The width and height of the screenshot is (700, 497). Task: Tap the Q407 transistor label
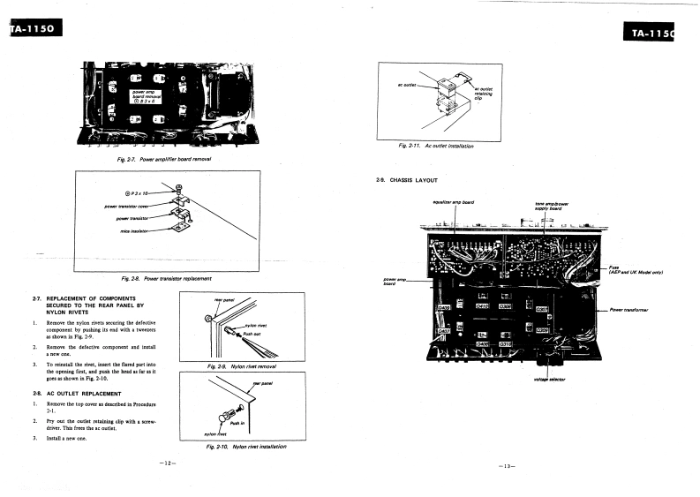coord(443,331)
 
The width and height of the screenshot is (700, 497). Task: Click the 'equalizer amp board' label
coord(454,202)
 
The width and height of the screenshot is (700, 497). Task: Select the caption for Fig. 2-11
coord(437,145)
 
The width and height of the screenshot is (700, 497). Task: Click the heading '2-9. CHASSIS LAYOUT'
coord(407,181)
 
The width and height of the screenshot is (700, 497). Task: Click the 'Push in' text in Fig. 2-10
coord(237,424)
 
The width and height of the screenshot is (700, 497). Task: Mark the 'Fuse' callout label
coord(614,267)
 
